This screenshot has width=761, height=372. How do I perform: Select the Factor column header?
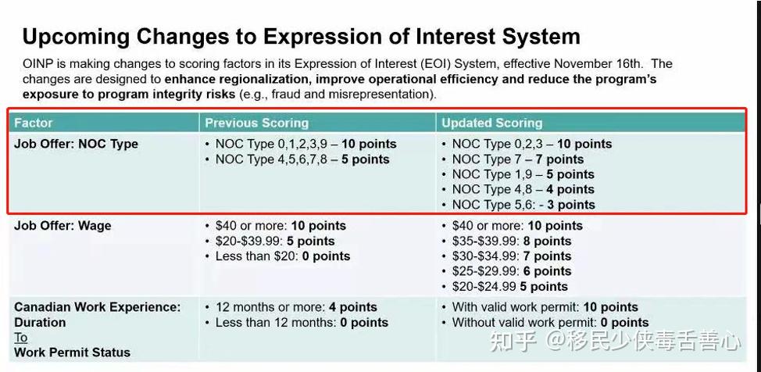(33, 123)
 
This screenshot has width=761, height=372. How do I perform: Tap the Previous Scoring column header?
(257, 123)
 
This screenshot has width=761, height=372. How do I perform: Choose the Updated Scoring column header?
(491, 123)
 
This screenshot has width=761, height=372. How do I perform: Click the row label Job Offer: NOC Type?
(77, 145)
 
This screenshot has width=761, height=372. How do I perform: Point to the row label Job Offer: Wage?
(63, 226)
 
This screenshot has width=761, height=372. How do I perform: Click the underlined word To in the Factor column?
(21, 338)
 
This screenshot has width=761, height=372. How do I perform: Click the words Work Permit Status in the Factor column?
(73, 352)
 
